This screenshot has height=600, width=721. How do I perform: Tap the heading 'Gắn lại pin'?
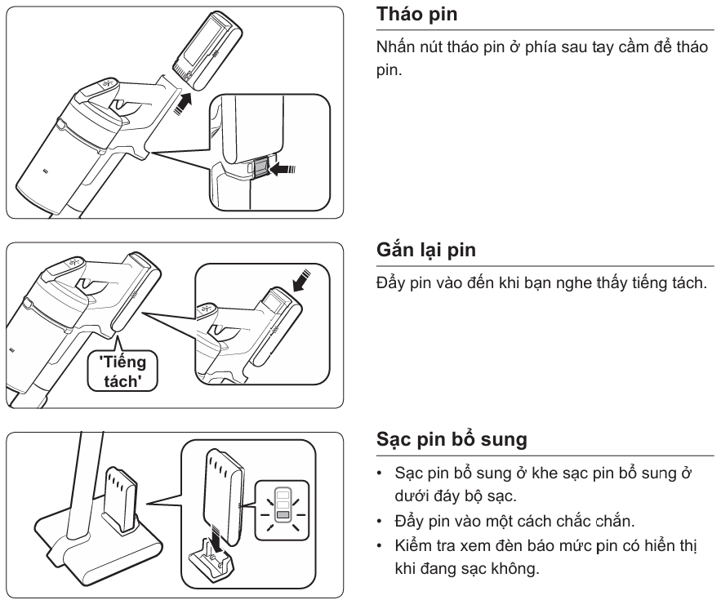(428, 251)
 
